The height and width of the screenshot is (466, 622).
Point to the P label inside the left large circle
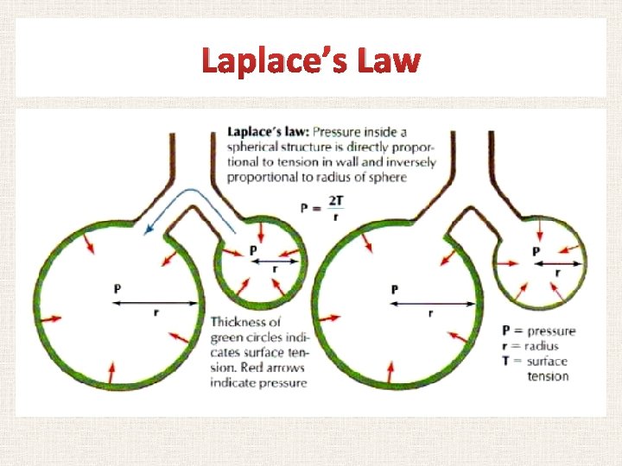(x=117, y=288)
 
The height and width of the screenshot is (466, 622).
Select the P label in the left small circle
(x=253, y=249)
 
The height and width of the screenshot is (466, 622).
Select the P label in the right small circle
(x=536, y=251)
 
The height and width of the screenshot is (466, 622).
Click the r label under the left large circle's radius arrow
(x=155, y=312)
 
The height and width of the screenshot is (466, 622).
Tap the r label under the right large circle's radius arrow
(x=430, y=313)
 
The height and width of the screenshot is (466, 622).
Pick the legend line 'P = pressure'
(x=539, y=331)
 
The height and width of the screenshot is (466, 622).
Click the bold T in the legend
(x=506, y=361)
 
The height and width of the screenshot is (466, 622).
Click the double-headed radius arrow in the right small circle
(x=558, y=263)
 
